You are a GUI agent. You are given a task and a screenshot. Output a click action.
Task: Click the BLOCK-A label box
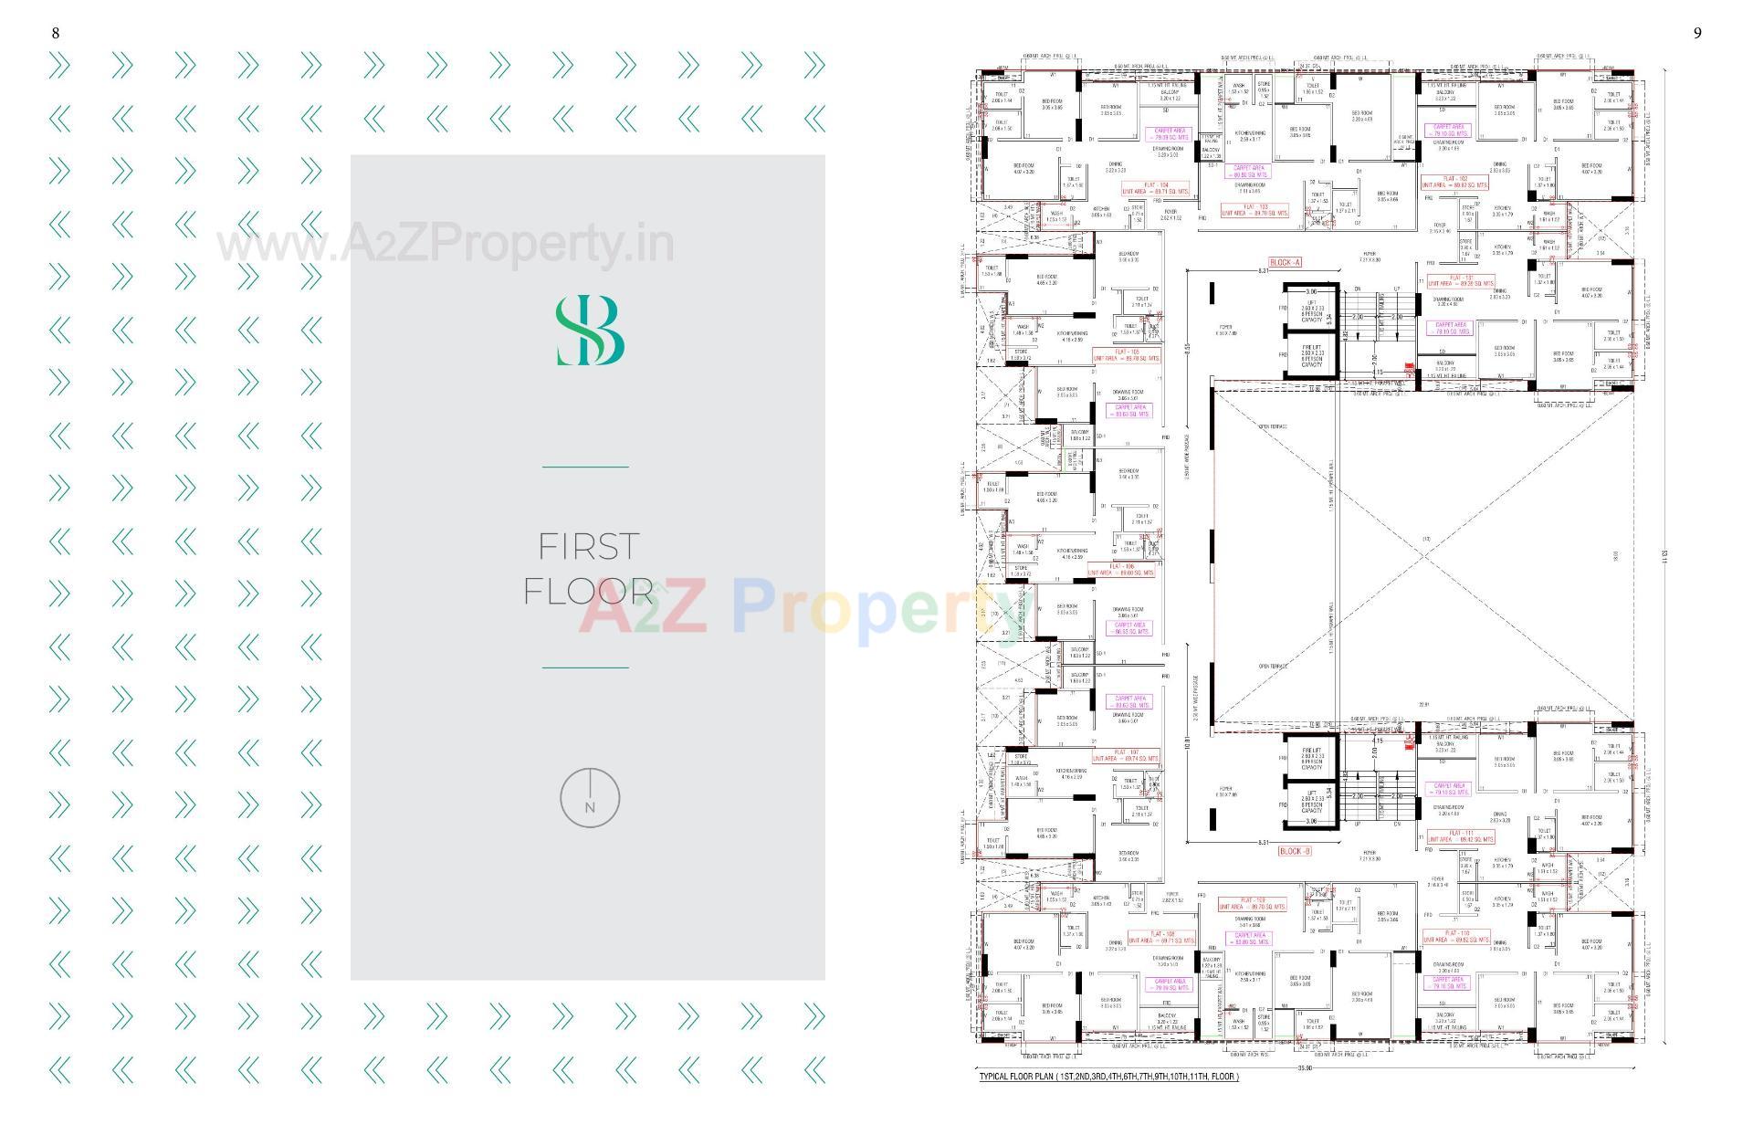pos(1285,263)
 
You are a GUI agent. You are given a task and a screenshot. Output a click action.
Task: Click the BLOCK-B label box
pos(1295,851)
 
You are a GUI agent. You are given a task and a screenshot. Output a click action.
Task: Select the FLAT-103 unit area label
pos(1254,210)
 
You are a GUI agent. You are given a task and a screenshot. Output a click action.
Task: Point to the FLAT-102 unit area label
pos(1454,182)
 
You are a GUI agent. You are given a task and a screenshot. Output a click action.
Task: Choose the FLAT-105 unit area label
pos(1127,355)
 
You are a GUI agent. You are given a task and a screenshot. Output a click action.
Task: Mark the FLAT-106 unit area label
pos(1121,570)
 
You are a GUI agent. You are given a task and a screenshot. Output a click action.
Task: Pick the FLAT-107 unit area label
pos(1126,755)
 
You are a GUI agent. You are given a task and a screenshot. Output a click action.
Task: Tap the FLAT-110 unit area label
pos(1455,936)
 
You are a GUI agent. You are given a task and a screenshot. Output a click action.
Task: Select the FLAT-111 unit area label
pos(1460,835)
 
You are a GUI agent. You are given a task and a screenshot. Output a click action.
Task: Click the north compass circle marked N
pos(590,798)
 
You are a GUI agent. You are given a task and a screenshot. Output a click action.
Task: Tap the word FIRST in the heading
pos(588,547)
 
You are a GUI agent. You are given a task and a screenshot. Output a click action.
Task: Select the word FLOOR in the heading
pos(588,592)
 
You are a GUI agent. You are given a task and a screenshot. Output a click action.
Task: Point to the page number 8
pos(56,34)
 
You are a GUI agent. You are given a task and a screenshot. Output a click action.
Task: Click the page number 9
pos(1697,34)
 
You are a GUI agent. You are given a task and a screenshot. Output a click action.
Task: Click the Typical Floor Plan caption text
pos(1108,1077)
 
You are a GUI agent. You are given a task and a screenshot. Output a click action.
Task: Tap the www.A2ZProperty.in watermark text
pos(446,245)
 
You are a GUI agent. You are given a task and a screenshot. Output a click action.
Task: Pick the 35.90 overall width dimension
pos(1304,1068)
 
